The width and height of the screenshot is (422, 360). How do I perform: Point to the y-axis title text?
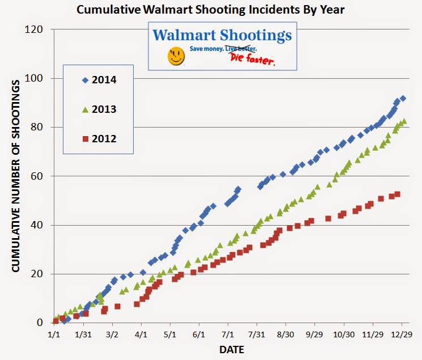point(16,176)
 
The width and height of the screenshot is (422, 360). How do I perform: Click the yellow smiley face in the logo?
point(176,56)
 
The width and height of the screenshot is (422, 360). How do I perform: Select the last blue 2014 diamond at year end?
point(403,98)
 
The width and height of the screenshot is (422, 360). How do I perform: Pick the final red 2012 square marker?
point(398,194)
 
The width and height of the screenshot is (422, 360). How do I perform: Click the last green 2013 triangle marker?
point(404,121)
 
